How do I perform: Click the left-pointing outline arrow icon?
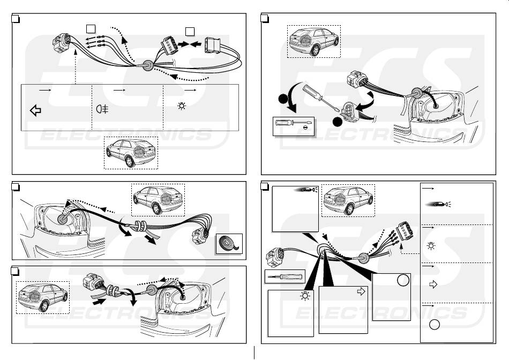tap(36, 111)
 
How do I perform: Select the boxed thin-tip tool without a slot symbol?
tap(285, 277)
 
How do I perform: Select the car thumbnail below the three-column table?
tap(130, 152)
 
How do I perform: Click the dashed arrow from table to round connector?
tap(76, 65)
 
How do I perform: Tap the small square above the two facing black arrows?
tap(190, 30)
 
